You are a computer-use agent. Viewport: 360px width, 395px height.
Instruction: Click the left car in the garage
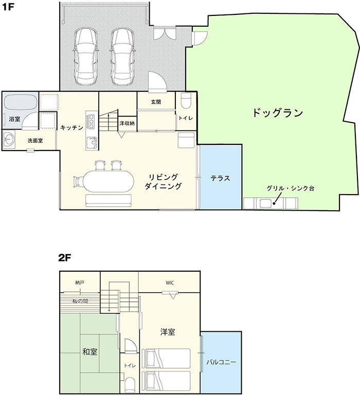85,56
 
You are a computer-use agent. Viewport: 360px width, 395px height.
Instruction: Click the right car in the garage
122,56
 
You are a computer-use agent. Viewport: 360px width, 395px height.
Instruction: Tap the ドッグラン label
278,112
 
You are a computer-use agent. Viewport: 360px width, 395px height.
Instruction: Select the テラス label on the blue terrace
221,178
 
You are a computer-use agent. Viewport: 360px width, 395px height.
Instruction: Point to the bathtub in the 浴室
20,102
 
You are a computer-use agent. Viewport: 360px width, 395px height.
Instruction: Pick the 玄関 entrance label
156,102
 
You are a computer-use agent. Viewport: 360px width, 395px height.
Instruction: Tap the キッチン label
71,128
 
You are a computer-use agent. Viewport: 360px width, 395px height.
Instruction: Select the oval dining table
109,181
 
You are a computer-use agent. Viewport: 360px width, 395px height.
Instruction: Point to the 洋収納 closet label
127,123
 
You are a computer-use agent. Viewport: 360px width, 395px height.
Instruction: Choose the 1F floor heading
8,7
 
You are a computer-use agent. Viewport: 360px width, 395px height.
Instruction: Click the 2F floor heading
65,258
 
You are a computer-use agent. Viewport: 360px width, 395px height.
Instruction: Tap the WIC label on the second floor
170,283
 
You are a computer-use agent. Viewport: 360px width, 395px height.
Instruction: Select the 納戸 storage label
80,283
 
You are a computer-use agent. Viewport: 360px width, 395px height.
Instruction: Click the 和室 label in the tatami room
90,352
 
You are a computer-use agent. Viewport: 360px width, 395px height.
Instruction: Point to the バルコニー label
221,362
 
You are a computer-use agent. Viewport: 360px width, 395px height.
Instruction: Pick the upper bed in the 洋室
166,359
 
